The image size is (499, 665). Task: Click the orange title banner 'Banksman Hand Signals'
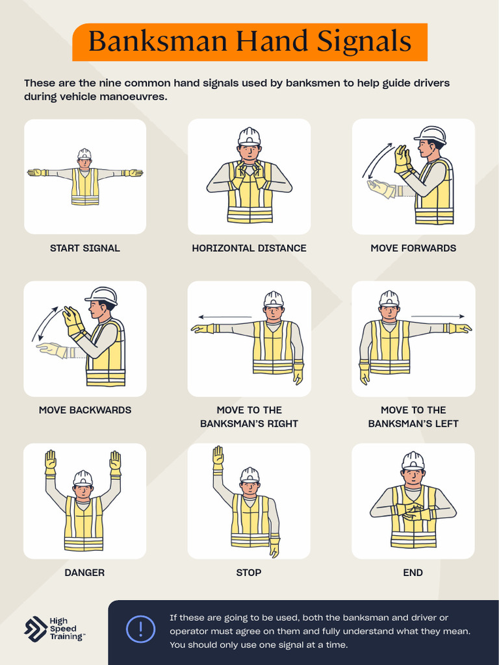pos(249,42)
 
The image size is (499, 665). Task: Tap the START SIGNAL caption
pos(85,248)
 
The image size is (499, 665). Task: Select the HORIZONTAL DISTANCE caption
pos(249,248)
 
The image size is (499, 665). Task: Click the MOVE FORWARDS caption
pos(413,248)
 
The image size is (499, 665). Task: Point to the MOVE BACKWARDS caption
pos(85,410)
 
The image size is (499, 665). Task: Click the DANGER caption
pos(84,572)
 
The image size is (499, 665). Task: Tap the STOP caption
pos(249,572)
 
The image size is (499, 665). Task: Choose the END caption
pos(413,572)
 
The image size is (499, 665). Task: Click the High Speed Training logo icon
pos(35,629)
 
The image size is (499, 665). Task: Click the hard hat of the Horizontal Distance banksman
pos(249,136)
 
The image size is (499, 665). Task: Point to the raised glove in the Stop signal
pos(218,457)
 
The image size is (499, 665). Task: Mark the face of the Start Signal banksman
pos(84,163)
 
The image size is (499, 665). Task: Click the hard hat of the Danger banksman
pos(83,478)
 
